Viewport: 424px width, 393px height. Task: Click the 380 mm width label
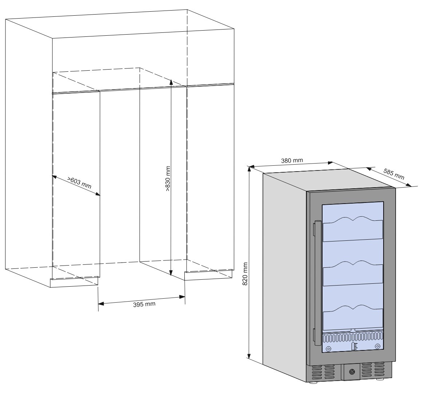pos(292,160)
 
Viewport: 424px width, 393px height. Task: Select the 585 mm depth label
pos(394,174)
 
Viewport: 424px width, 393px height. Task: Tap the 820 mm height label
pos(245,274)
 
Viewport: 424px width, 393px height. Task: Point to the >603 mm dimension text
pos(79,183)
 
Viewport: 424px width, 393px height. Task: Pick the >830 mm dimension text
pos(168,179)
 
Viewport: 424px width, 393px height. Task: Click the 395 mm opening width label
pos(144,304)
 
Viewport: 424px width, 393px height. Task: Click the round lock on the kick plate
pos(352,372)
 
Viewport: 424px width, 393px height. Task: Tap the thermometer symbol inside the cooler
pos(354,347)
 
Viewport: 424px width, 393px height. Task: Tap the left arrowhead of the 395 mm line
pos(101,304)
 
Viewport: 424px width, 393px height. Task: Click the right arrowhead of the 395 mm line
pos(182,297)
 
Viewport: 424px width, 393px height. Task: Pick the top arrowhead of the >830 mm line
pos(171,82)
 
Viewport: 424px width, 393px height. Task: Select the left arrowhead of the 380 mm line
pos(252,167)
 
